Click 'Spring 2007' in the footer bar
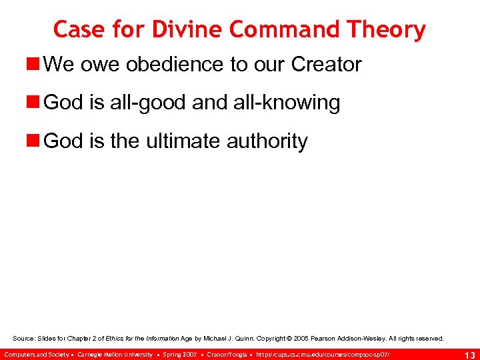[x=180, y=353]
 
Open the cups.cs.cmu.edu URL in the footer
[x=323, y=353]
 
